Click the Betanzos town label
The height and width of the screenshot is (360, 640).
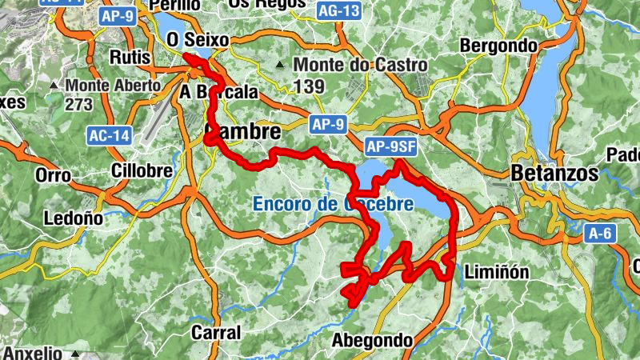[x=554, y=172]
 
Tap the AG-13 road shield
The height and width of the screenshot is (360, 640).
[x=338, y=11]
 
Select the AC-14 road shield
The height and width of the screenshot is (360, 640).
[x=109, y=136]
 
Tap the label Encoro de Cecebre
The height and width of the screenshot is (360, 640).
[x=333, y=204]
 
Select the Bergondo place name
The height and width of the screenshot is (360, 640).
[x=499, y=46]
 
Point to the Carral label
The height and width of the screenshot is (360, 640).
[x=216, y=331]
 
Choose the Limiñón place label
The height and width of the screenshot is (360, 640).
[x=497, y=272]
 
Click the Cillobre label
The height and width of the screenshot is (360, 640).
[x=143, y=171]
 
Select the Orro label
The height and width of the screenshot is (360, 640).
[x=55, y=174]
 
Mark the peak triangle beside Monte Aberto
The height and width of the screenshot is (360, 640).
[x=54, y=84]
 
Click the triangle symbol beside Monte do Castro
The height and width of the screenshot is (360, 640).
[x=280, y=64]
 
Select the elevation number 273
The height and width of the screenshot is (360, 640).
[x=80, y=104]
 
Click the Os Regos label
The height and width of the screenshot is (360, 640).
[x=266, y=4]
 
